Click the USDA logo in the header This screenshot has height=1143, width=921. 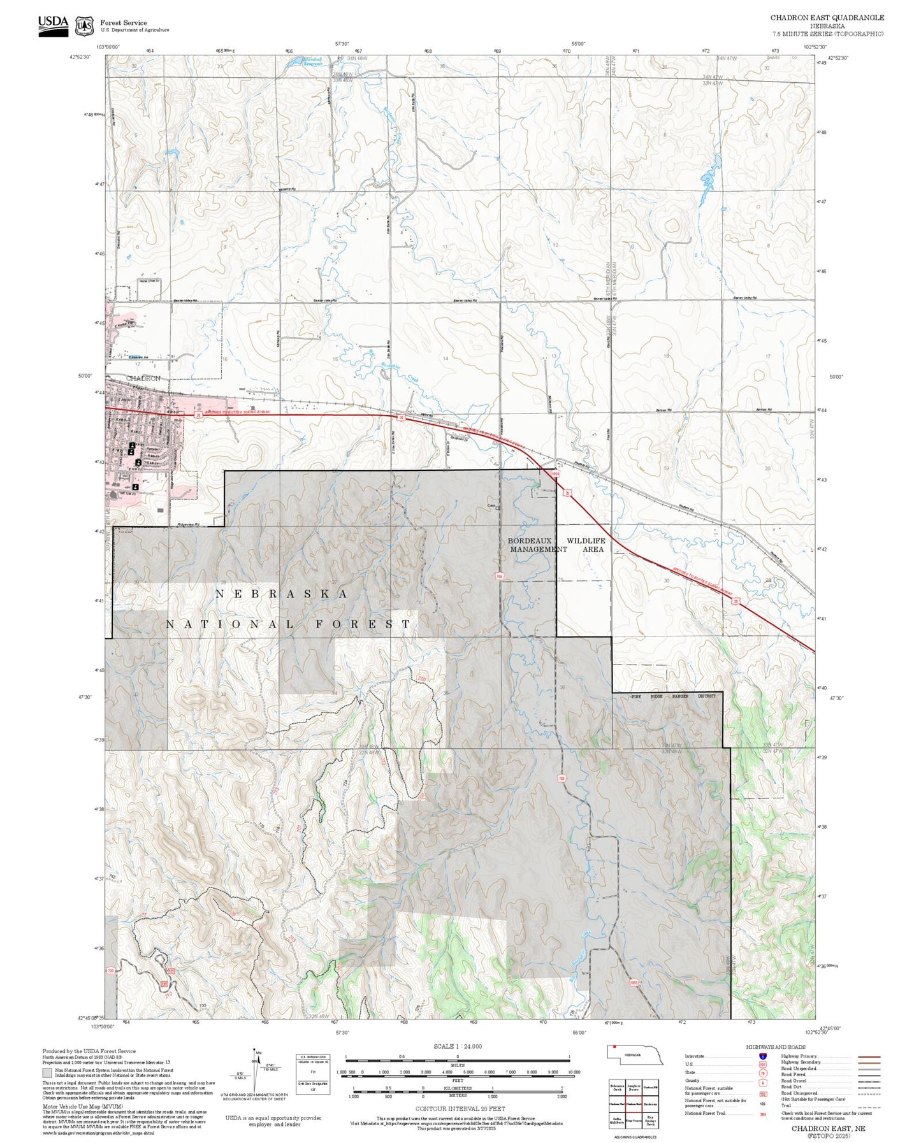coord(53,25)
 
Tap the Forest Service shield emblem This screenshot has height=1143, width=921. coord(83,26)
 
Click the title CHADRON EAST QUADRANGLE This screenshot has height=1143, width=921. coord(827,18)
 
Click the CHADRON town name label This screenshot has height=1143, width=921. coord(143,378)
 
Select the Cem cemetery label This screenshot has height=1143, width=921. coord(491,507)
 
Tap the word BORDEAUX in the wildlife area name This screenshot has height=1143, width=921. coord(529,541)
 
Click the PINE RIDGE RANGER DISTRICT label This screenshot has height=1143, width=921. coord(673,696)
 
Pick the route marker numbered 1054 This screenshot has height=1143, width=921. coord(555,474)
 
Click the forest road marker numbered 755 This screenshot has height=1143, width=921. coord(500,576)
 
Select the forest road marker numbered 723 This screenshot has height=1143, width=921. coord(562,778)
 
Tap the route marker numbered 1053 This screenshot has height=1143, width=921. coord(634,983)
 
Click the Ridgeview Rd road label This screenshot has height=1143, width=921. coord(188,526)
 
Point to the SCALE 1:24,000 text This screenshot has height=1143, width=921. coord(457,1046)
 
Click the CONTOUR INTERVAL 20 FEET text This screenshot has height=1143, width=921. coord(460,1109)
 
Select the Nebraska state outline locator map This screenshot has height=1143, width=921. coord(635,1055)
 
